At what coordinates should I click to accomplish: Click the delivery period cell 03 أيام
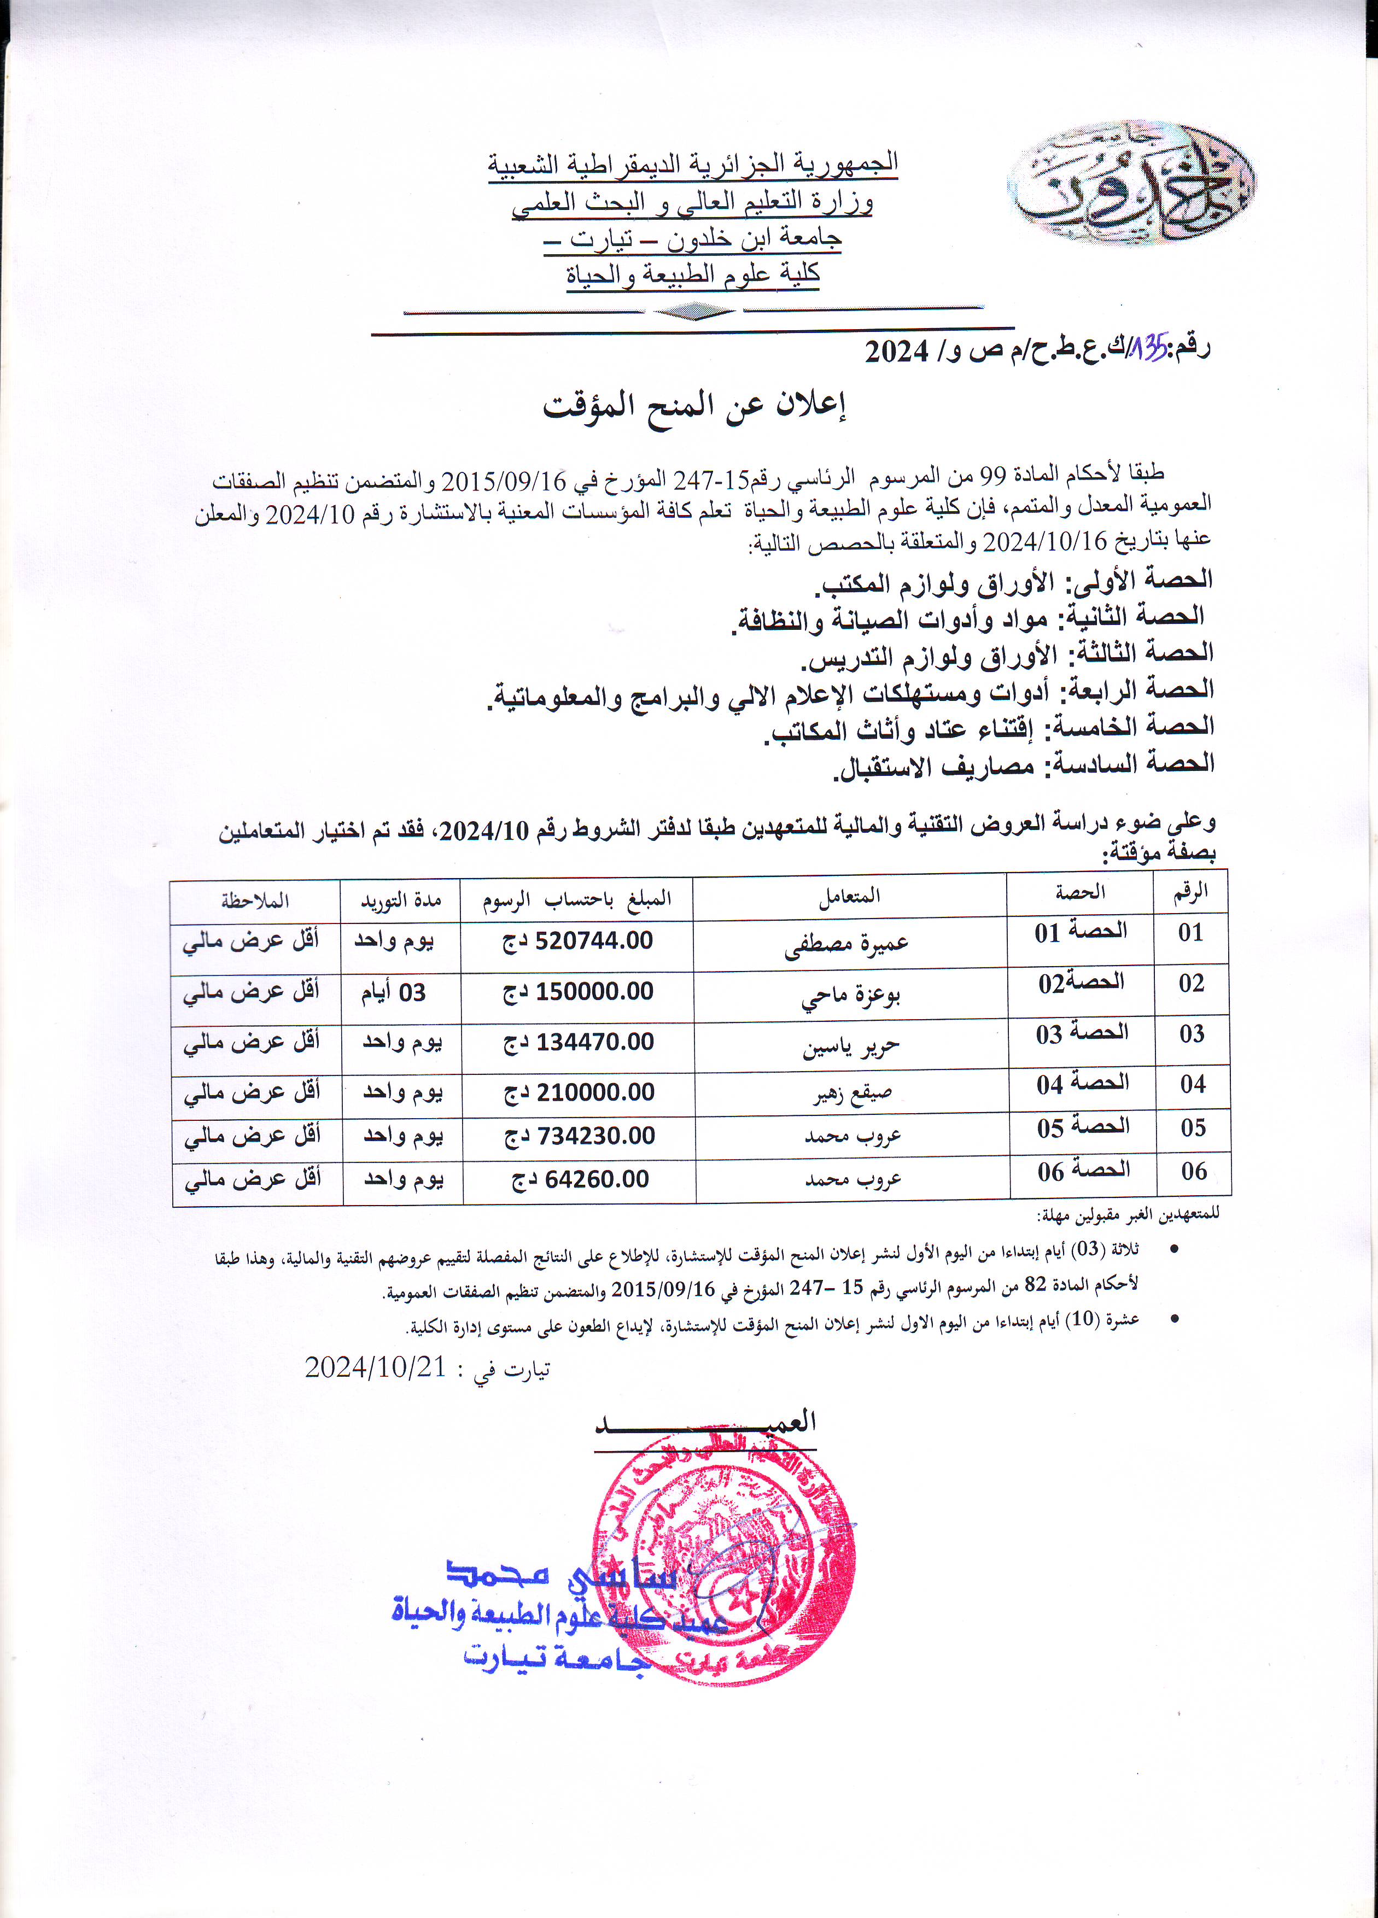(394, 992)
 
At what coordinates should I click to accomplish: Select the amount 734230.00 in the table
(580, 1136)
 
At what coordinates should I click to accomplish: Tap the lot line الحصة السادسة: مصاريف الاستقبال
(1024, 764)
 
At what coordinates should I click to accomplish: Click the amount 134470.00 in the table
(580, 1043)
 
